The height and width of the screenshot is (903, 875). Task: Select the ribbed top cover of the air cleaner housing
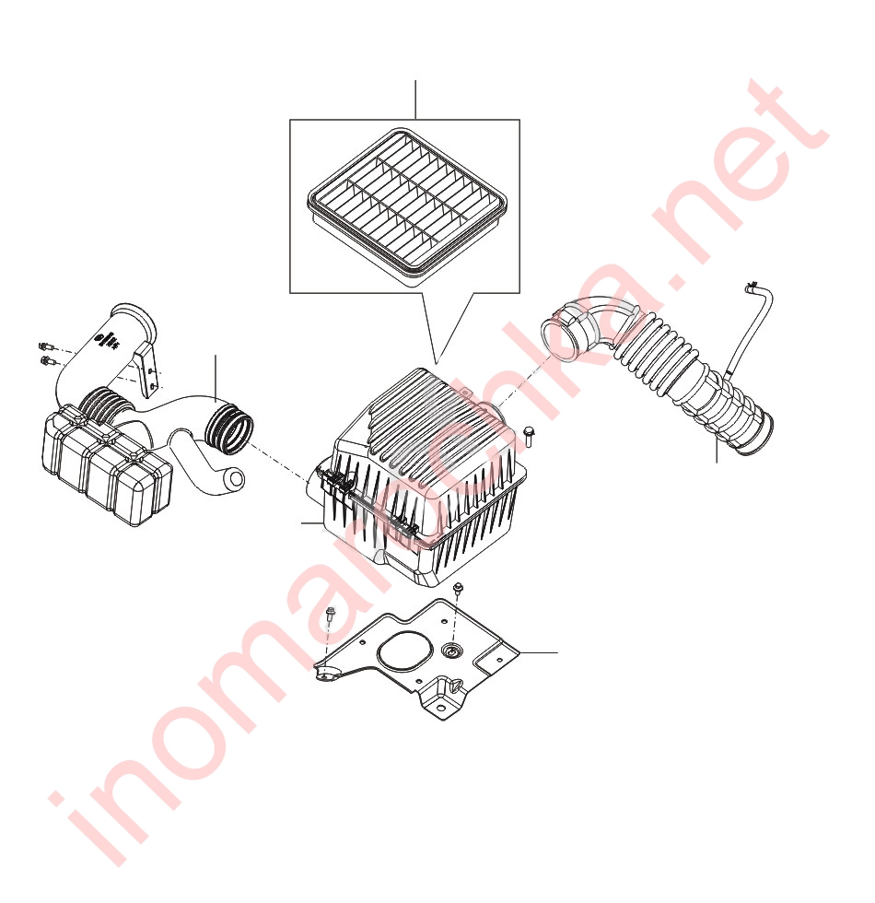pyautogui.click(x=423, y=438)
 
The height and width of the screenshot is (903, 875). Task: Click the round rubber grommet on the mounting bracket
pyautogui.click(x=452, y=651)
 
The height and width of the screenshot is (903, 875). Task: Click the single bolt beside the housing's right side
pyautogui.click(x=529, y=435)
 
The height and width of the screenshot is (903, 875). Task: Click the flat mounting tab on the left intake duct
pyautogui.click(x=148, y=371)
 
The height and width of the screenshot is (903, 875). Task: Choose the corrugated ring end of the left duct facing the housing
pyautogui.click(x=229, y=428)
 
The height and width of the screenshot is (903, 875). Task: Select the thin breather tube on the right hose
pyautogui.click(x=748, y=328)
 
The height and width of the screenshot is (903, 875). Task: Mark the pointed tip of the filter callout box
pyautogui.click(x=437, y=363)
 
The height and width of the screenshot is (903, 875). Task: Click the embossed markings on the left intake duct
pyautogui.click(x=108, y=340)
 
